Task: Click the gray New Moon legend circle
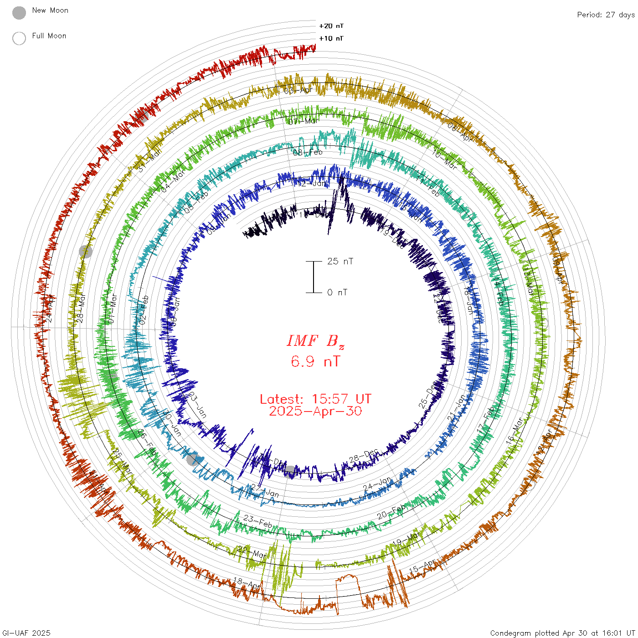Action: click(x=19, y=13)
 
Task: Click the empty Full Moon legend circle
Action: click(x=19, y=39)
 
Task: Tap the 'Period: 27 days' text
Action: click(x=606, y=15)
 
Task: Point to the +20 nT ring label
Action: click(x=331, y=26)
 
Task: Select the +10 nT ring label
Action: click(x=331, y=38)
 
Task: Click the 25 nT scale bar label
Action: click(x=340, y=262)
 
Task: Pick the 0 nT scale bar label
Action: click(x=337, y=293)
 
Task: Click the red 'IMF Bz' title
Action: click(x=315, y=341)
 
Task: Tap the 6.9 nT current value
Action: click(x=315, y=362)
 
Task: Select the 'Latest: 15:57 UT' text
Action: click(x=315, y=399)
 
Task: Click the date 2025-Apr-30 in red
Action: click(x=315, y=412)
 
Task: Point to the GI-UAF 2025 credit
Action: click(x=26, y=633)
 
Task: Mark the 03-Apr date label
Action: click(x=298, y=90)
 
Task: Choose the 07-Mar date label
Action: click(x=304, y=121)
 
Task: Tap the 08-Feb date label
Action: click(x=308, y=152)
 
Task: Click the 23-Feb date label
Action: click(x=257, y=521)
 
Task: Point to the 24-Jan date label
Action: click(x=377, y=484)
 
